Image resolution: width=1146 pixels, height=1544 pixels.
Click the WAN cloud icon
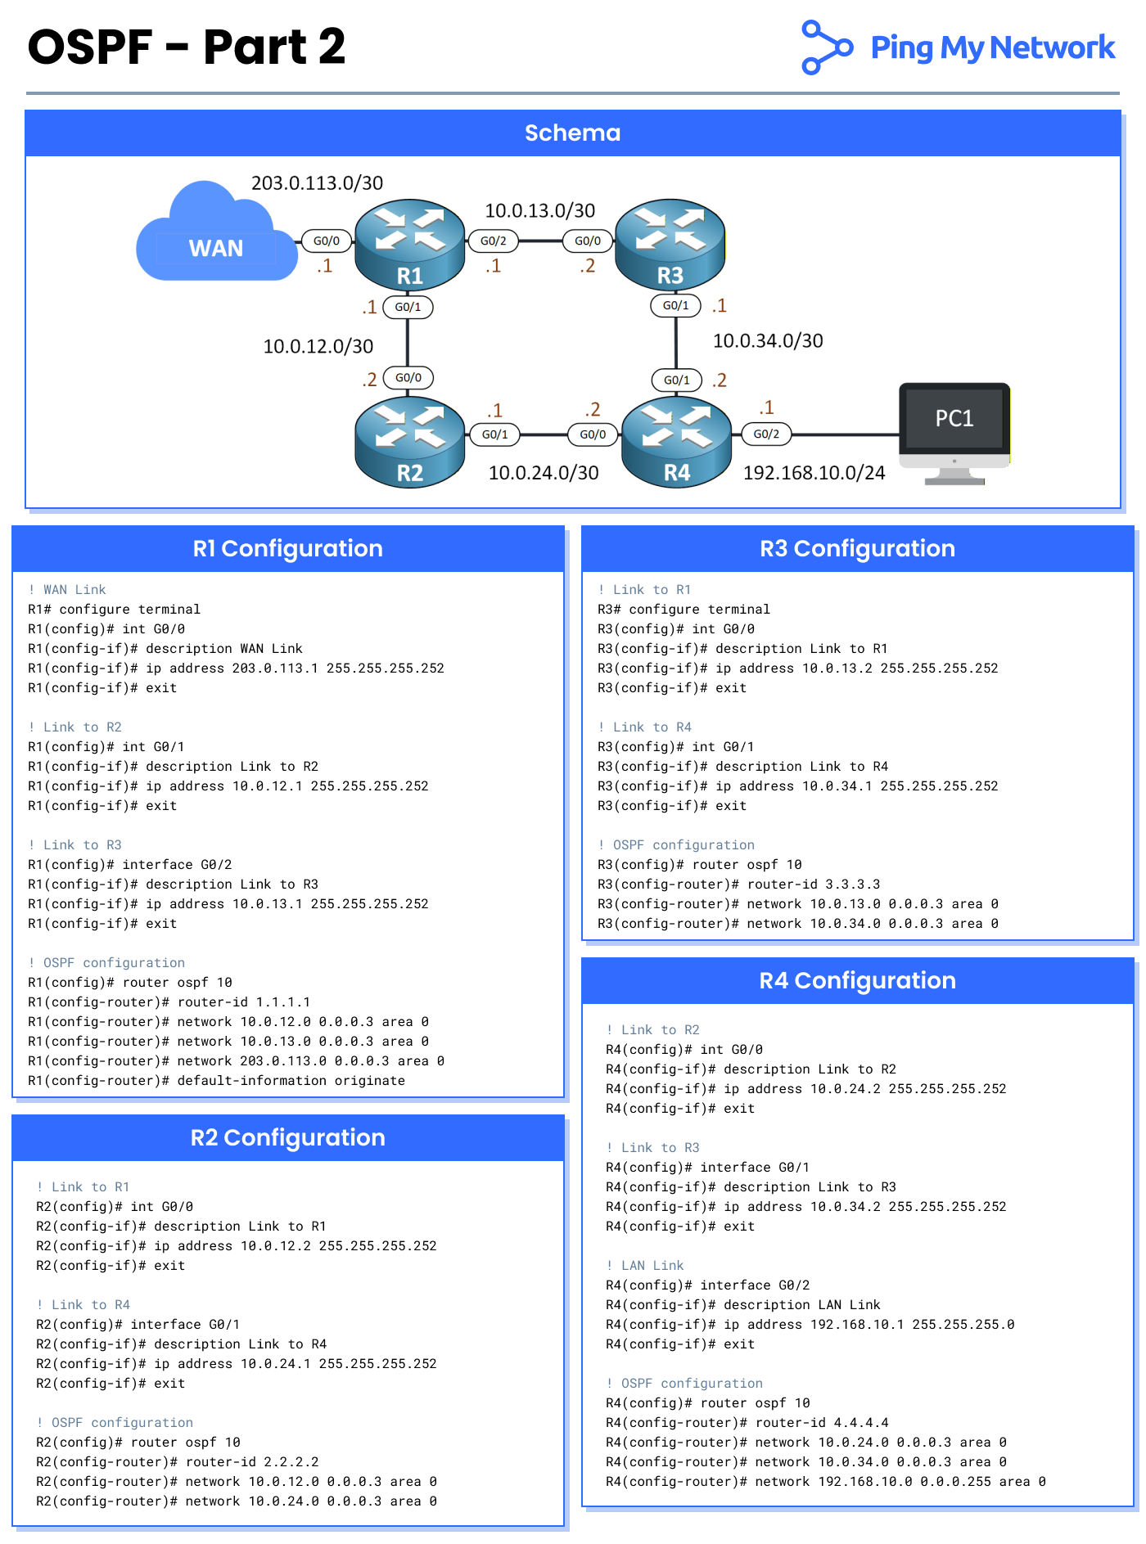coord(216,237)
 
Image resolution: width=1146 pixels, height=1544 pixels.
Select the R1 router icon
coord(409,245)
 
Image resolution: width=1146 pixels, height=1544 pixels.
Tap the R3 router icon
coord(670,245)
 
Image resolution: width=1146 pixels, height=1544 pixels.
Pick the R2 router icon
coord(409,442)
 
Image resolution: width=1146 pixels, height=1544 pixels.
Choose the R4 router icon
coord(676,442)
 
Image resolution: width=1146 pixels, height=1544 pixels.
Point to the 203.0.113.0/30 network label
coord(317,183)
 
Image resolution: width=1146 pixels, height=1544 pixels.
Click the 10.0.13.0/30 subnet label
coord(539,211)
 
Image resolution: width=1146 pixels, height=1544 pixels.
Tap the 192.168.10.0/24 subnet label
coord(814,473)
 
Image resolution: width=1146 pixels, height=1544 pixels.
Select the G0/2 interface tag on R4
coord(766,434)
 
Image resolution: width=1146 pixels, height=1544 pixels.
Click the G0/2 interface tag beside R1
coord(493,241)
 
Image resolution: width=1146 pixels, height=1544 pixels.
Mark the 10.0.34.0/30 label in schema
coord(768,341)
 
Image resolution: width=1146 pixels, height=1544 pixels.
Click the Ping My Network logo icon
coord(825,47)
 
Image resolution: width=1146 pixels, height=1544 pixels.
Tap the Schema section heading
coord(572,133)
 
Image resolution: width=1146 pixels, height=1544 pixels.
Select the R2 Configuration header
coord(287,1137)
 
